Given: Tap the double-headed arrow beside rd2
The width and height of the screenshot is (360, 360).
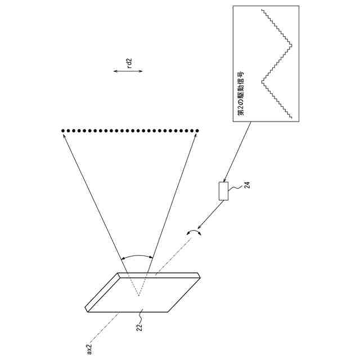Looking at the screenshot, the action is pyautogui.click(x=128, y=71).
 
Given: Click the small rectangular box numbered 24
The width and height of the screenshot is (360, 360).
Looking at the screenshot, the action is pyautogui.click(x=224, y=191).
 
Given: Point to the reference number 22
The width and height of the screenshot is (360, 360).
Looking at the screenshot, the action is pyautogui.click(x=138, y=325).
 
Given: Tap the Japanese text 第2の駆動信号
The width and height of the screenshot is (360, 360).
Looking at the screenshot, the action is pyautogui.click(x=240, y=94).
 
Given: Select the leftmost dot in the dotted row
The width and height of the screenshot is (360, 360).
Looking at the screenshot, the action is pyautogui.click(x=62, y=131).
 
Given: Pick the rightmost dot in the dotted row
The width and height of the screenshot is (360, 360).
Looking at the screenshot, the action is pyautogui.click(x=198, y=131).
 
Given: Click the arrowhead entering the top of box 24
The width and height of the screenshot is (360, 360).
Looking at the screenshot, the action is pyautogui.click(x=226, y=179).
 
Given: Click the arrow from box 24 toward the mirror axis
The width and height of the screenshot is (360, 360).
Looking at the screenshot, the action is pyautogui.click(x=211, y=214).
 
